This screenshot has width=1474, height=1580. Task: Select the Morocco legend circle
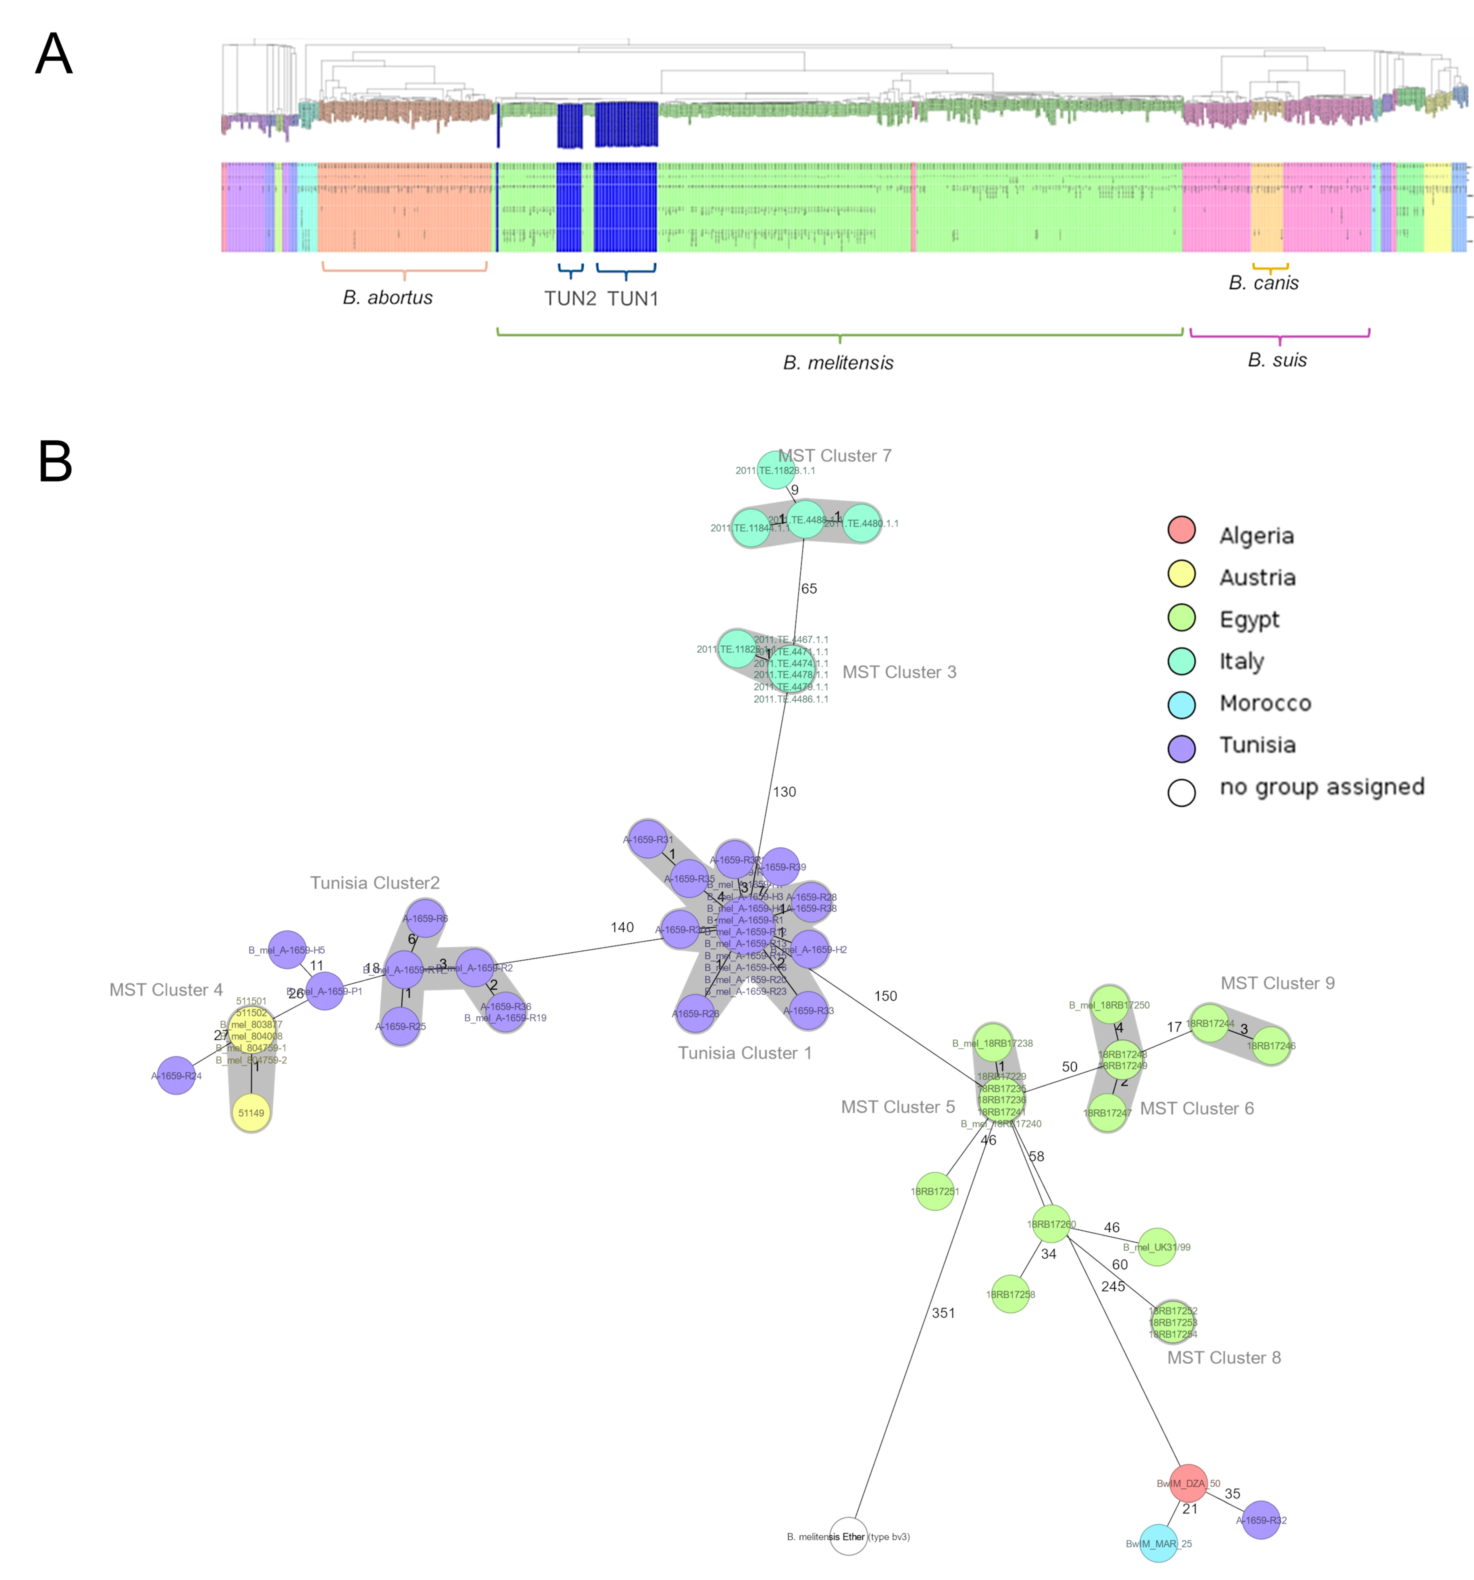click(1181, 704)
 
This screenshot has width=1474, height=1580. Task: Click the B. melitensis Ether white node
click(848, 1535)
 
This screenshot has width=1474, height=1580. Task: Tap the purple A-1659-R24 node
click(176, 1075)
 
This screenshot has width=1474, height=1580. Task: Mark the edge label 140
click(622, 927)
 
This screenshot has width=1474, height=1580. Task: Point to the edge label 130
click(784, 792)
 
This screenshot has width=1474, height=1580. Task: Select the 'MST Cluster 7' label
click(834, 455)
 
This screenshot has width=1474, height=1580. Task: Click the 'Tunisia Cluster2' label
click(374, 883)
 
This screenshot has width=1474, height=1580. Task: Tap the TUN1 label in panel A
click(633, 299)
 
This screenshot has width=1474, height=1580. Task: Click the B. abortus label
click(388, 297)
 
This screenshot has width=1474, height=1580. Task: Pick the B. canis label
click(1263, 283)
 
